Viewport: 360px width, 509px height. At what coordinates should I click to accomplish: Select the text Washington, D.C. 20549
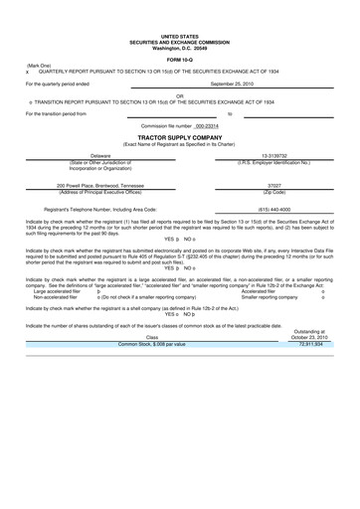click(x=179, y=20)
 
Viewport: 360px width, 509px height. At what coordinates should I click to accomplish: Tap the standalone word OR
click(x=179, y=95)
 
